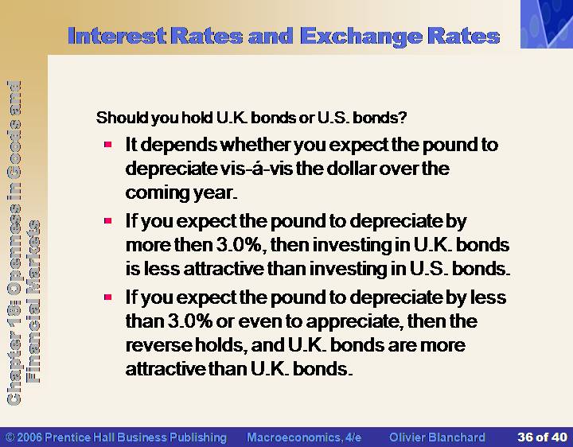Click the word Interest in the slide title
[117, 36]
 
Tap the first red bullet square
[107, 145]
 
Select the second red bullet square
[107, 221]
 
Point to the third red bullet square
[107, 297]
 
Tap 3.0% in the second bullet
[239, 245]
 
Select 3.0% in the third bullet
[190, 321]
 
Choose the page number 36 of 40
[542, 437]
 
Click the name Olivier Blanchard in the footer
[437, 437]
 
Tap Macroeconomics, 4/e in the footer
[304, 437]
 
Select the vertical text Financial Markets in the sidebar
[34, 301]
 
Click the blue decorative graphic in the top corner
[547, 24]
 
